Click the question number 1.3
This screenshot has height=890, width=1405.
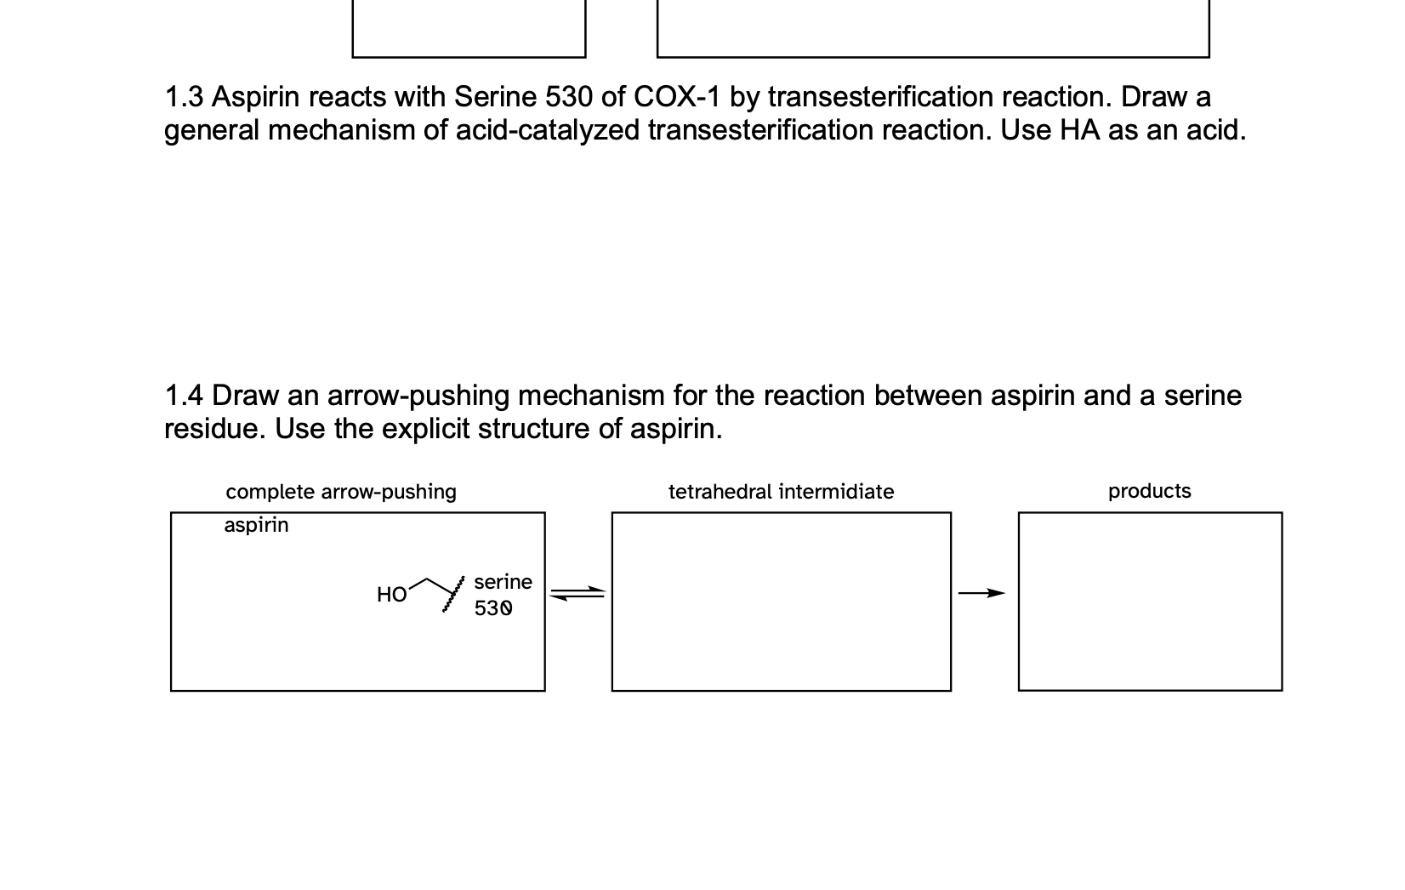(184, 98)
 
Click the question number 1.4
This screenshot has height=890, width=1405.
(184, 397)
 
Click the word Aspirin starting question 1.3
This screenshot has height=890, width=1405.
(255, 98)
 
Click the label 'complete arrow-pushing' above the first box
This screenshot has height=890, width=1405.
(341, 492)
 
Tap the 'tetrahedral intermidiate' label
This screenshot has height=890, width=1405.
(781, 492)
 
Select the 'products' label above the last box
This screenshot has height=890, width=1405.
(1149, 491)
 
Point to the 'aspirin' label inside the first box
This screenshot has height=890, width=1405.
(256, 525)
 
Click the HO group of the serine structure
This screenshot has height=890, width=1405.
(391, 595)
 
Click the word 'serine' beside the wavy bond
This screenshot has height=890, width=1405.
(503, 582)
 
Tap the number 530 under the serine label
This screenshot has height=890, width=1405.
(493, 608)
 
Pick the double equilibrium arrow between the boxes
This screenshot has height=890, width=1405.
(577, 593)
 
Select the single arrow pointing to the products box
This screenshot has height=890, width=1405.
(981, 593)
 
